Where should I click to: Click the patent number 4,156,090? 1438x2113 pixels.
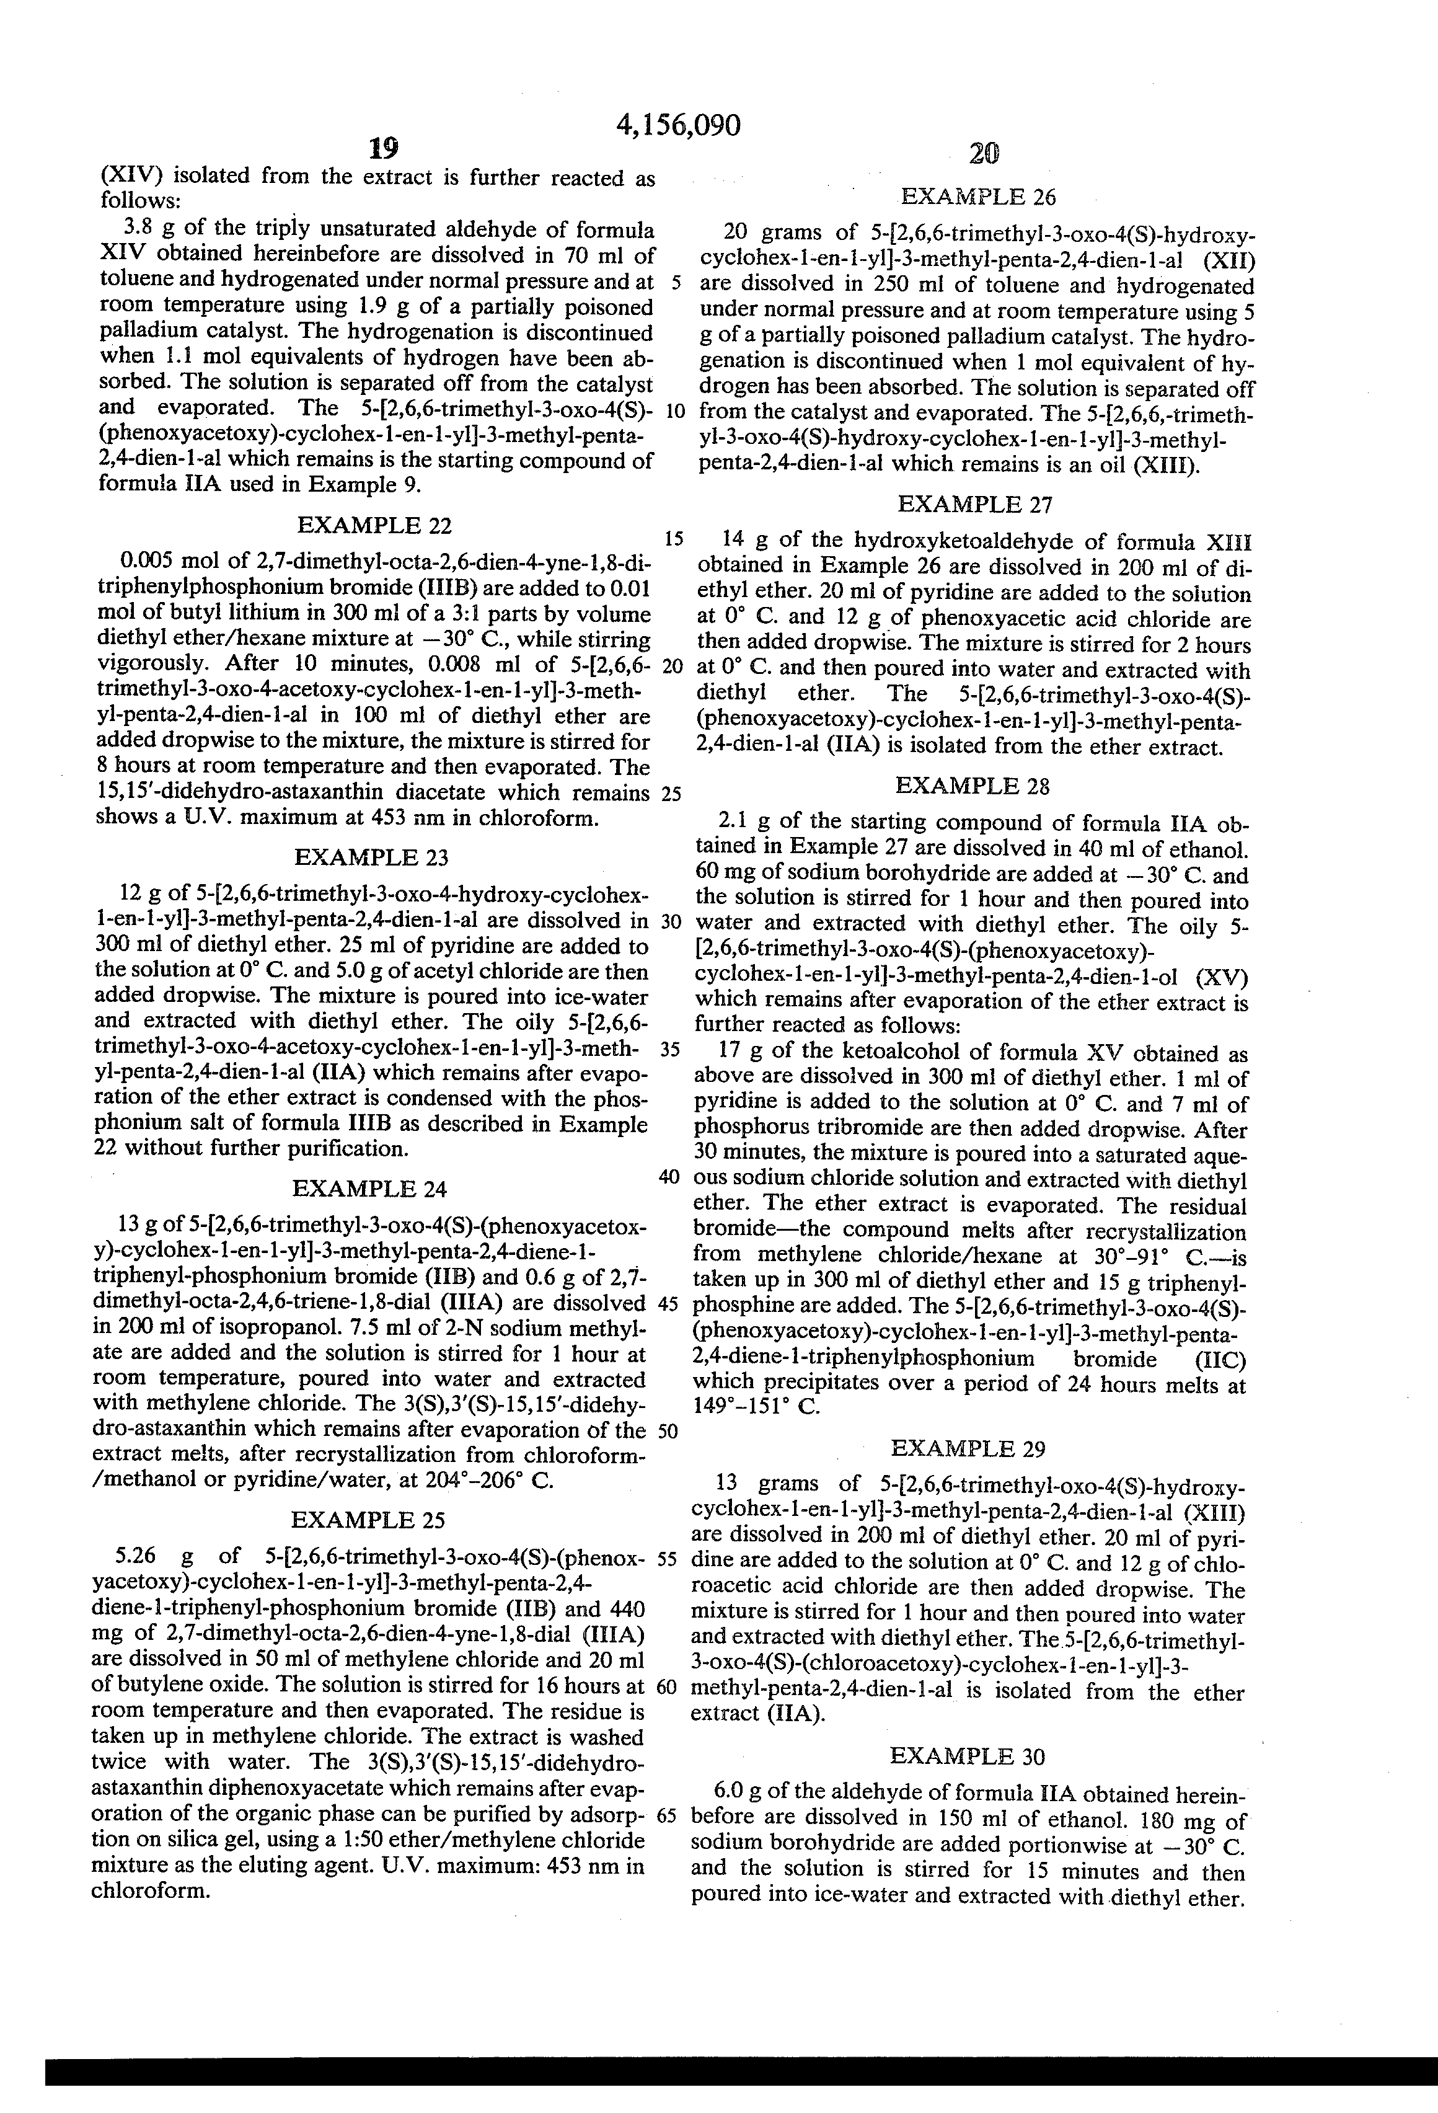[x=678, y=125]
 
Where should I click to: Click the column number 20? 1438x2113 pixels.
[x=984, y=154]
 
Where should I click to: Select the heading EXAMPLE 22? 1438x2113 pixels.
[x=374, y=526]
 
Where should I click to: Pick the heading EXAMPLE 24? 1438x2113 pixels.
[x=369, y=1189]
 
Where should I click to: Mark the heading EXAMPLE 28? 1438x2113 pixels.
[x=973, y=786]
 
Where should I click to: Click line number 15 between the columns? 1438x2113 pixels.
[x=674, y=538]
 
